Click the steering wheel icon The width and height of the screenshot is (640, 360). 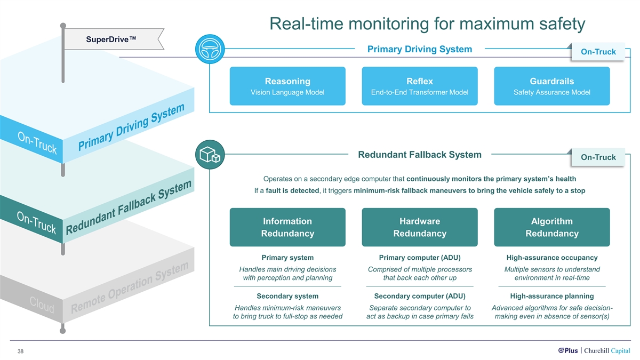[x=210, y=50]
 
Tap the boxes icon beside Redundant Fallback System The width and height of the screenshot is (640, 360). [x=210, y=155]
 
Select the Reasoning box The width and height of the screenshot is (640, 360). [x=287, y=86]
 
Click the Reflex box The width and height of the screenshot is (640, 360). [x=420, y=86]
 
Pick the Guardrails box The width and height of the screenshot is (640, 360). [x=552, y=86]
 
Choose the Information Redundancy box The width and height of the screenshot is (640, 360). [x=287, y=227]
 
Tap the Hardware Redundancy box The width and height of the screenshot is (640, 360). [x=420, y=227]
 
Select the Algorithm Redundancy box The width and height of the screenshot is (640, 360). [x=552, y=227]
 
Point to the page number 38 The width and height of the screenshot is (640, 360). [x=20, y=351]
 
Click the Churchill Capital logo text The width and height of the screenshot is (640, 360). [x=607, y=350]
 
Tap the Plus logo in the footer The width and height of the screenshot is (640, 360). [x=568, y=350]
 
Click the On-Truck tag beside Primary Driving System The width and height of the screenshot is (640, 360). [x=598, y=52]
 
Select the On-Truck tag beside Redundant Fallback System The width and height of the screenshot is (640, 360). [x=598, y=157]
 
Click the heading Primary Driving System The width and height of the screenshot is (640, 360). [x=420, y=49]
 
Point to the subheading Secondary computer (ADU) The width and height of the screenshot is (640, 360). [x=420, y=296]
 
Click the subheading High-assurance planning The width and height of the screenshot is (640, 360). [x=552, y=296]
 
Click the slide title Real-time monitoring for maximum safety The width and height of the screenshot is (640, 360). [x=427, y=24]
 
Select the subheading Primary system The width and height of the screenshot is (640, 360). [x=287, y=258]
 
